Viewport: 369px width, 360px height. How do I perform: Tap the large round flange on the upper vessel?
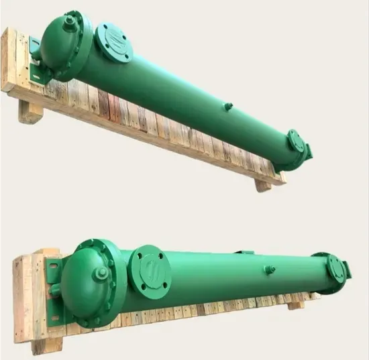click(113, 42)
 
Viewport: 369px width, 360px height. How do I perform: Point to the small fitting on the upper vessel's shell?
click(228, 106)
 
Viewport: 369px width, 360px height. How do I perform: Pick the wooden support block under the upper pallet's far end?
click(264, 184)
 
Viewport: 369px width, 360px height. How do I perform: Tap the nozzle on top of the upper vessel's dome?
click(70, 21)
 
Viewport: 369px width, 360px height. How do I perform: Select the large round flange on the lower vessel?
click(149, 270)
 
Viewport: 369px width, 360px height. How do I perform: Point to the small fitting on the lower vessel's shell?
click(270, 269)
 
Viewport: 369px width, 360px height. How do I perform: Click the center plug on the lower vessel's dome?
click(101, 275)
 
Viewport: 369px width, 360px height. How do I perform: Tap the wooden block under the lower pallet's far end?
click(296, 305)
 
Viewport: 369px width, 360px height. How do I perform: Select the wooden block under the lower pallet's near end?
click(47, 345)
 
